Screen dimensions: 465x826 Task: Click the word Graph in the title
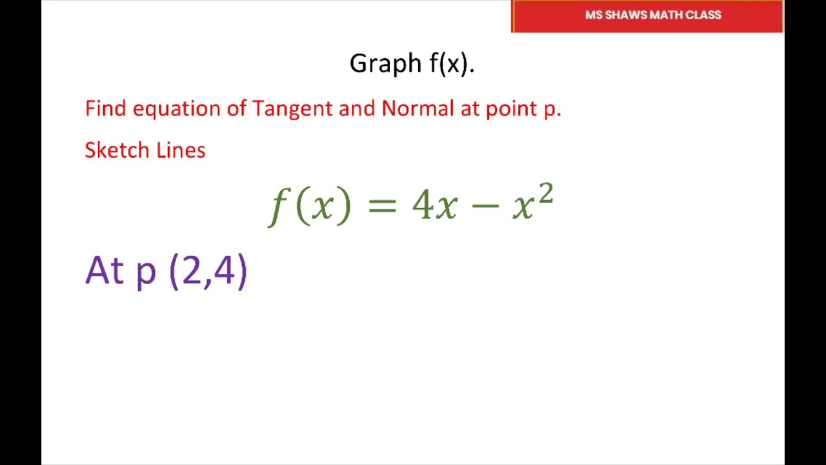point(385,64)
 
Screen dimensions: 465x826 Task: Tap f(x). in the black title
point(452,64)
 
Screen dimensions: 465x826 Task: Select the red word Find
point(105,108)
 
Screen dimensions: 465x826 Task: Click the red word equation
point(176,108)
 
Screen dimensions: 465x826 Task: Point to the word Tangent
point(292,108)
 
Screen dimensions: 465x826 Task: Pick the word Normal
point(418,108)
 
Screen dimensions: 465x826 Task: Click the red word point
point(512,108)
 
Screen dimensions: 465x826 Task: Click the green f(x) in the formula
point(310,205)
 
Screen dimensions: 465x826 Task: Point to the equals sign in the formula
point(381,205)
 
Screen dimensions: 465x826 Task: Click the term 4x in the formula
point(434,205)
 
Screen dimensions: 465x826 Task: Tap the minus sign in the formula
point(485,205)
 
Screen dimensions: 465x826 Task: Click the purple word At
point(104,270)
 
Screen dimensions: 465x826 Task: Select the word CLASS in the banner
point(704,15)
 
